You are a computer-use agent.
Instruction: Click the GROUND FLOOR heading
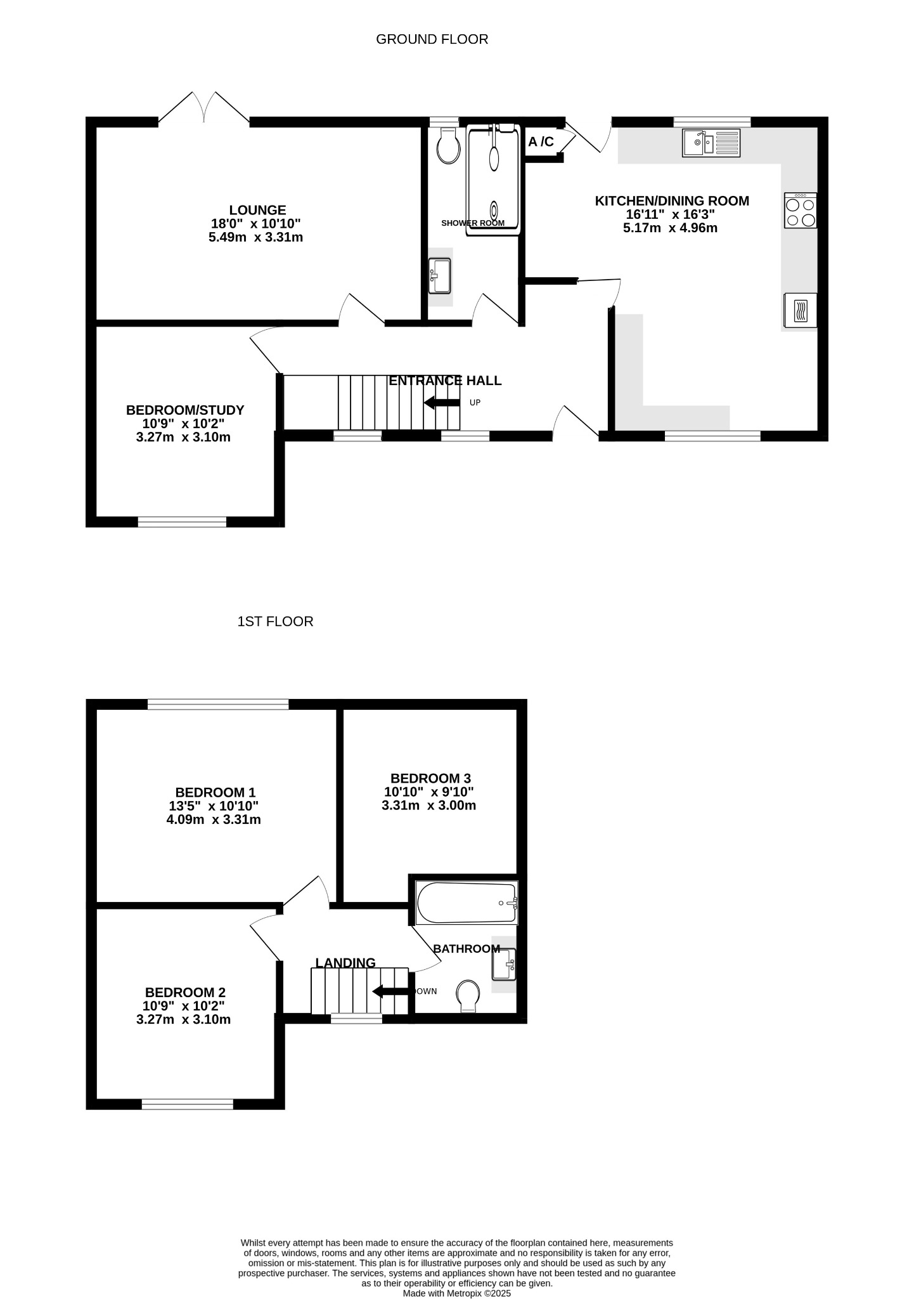tap(432, 39)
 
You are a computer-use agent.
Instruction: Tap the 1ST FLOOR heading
tap(275, 622)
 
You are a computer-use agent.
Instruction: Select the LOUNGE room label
tap(257, 210)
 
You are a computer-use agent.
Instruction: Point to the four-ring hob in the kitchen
tap(800, 211)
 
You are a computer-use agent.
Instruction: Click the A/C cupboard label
tap(541, 142)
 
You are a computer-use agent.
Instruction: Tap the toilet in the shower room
tap(449, 147)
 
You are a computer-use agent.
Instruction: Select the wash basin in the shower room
tap(439, 276)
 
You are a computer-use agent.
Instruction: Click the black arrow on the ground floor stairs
tap(442, 402)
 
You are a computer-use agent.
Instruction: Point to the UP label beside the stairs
tap(475, 403)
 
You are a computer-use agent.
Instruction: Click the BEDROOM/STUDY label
tap(185, 410)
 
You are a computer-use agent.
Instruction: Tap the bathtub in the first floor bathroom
tap(467, 903)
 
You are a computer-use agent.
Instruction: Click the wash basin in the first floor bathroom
tap(504, 964)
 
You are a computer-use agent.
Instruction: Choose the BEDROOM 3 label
tap(430, 778)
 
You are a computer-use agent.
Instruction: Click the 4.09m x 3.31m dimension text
tap(214, 819)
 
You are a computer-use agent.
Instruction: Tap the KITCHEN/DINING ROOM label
tap(672, 201)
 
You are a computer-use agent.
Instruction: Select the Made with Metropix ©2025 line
tap(457, 1293)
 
